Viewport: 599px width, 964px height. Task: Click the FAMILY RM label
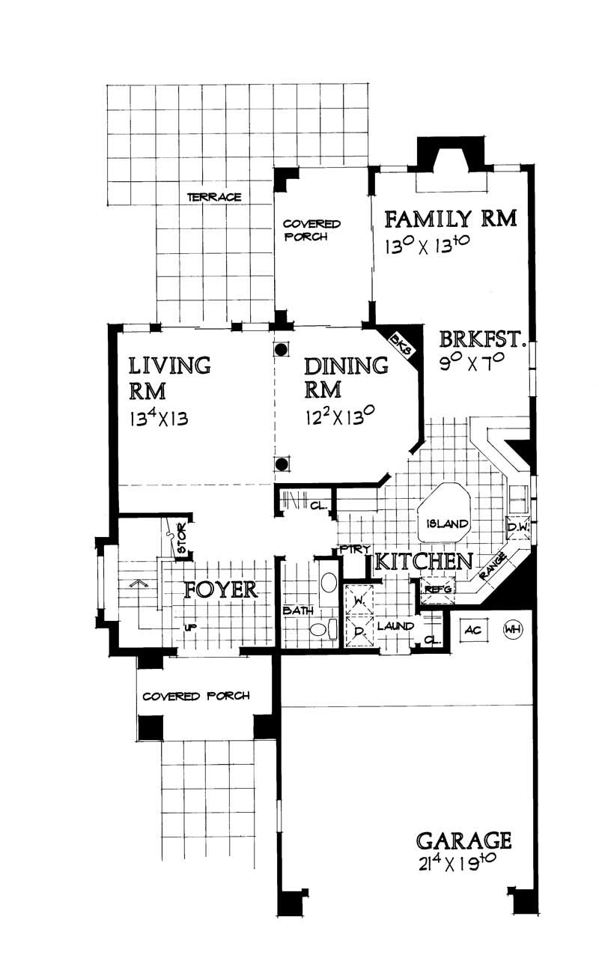point(451,219)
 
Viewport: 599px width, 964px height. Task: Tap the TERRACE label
point(214,197)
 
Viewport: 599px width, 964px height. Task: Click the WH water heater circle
point(513,629)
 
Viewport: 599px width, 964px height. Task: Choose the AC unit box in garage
point(472,630)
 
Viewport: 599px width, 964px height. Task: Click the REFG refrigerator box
point(438,589)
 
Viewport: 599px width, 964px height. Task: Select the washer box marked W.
point(359,600)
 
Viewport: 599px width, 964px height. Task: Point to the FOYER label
point(222,589)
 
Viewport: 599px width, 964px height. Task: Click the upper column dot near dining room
point(281,349)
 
